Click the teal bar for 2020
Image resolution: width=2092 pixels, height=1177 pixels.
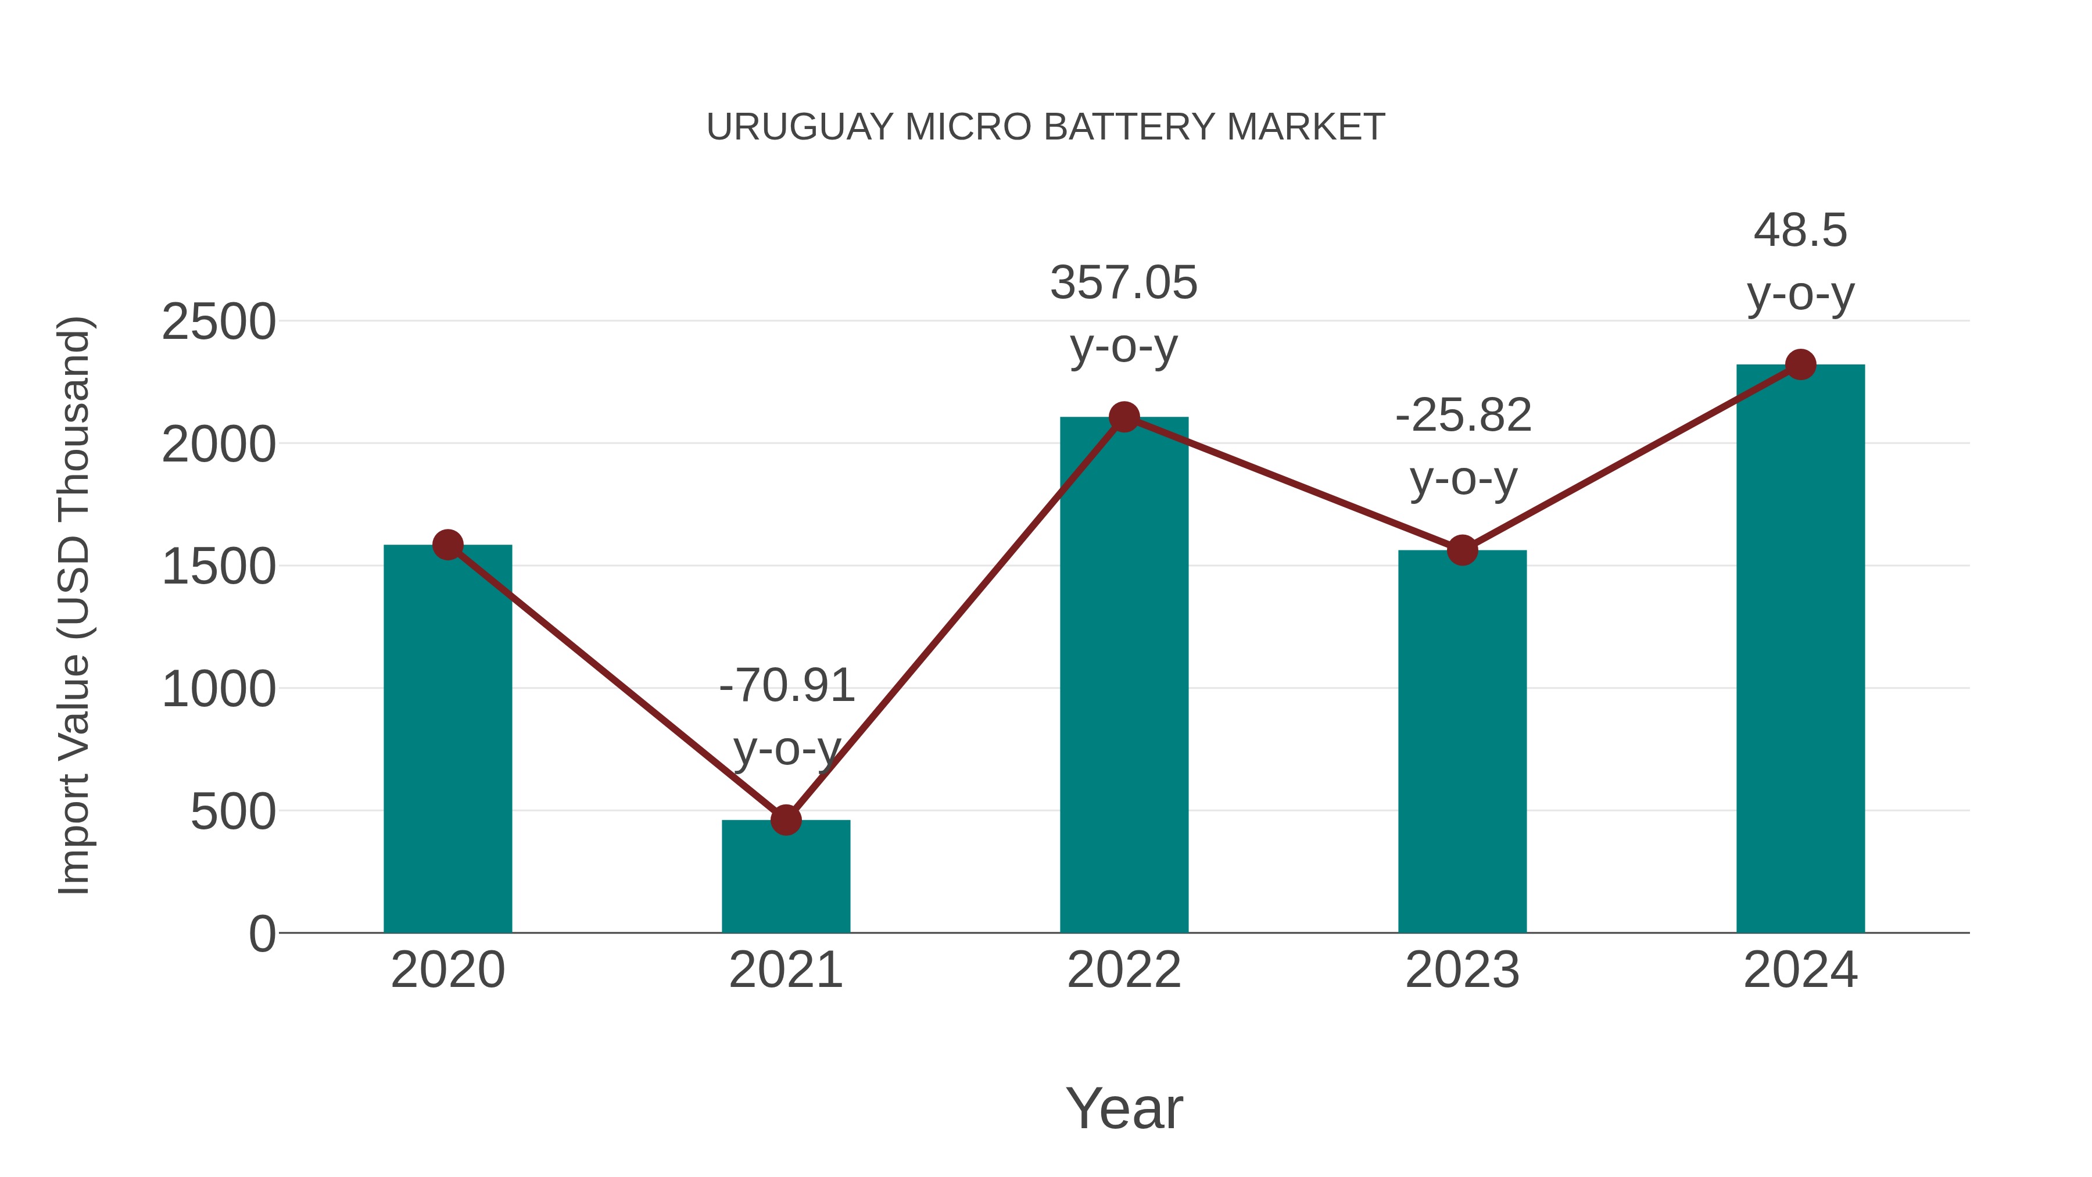[x=447, y=739]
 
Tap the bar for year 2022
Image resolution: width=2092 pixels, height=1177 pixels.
[x=1124, y=674]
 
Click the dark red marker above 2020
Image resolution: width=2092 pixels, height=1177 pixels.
[x=447, y=545]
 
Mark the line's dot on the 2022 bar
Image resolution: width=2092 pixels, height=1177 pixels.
[x=1124, y=417]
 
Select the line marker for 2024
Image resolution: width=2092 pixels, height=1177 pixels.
[x=1800, y=364]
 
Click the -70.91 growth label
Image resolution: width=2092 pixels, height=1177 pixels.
[x=787, y=686]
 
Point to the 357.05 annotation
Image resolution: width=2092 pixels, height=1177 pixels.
[x=1124, y=284]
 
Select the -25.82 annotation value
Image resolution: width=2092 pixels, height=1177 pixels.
[x=1463, y=416]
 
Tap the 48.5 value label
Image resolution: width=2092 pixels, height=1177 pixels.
[x=1800, y=231]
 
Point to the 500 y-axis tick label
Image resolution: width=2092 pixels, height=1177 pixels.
[x=233, y=811]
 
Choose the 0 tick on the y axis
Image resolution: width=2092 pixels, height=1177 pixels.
[x=262, y=934]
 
